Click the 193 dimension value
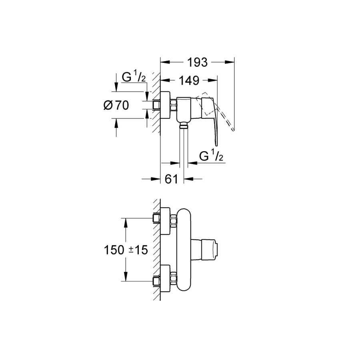pyautogui.click(x=198, y=62)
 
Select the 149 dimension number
pyautogui.click(x=189, y=80)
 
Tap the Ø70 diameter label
pyautogui.click(x=116, y=105)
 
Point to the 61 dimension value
pyautogui.click(x=171, y=179)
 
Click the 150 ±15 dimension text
pyautogui.click(x=126, y=250)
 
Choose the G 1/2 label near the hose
pyautogui.click(x=211, y=156)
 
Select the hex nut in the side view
pyautogui.click(x=173, y=105)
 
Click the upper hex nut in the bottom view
pyautogui.click(x=174, y=220)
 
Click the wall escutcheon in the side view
pyautogui.click(x=165, y=105)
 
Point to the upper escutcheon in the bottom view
pyautogui.click(x=165, y=221)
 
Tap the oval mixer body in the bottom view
pyautogui.click(x=184, y=250)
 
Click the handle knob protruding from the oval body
pyautogui.click(x=204, y=250)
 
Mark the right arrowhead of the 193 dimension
pyautogui.click(x=230, y=62)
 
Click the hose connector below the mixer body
pyautogui.click(x=184, y=125)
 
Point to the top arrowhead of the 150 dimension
pyautogui.click(x=126, y=222)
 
